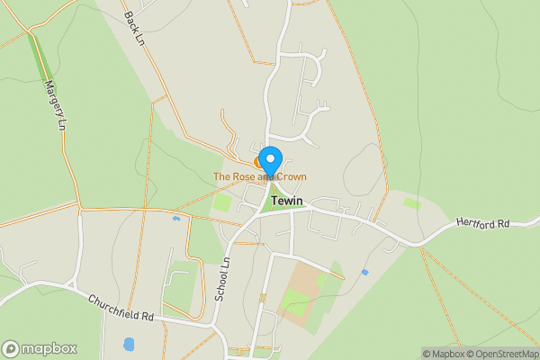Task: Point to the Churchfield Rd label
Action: click(x=121, y=305)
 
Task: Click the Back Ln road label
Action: click(x=134, y=28)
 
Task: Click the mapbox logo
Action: click(x=39, y=348)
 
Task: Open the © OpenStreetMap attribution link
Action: click(x=500, y=354)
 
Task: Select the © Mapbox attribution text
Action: click(x=443, y=354)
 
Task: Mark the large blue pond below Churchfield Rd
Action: click(x=129, y=345)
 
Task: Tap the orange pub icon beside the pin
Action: click(x=259, y=163)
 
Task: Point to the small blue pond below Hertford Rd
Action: click(x=364, y=272)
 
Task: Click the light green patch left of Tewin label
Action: click(x=221, y=202)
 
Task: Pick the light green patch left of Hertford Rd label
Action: click(x=412, y=203)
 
